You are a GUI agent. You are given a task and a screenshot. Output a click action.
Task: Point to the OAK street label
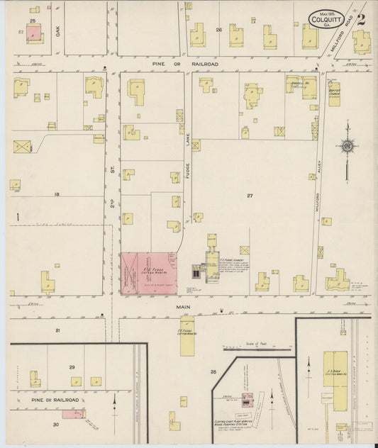60,31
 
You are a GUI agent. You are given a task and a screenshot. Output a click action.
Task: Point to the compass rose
348,146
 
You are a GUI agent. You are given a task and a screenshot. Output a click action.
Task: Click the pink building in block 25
34,33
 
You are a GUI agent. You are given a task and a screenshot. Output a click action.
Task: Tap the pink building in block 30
73,413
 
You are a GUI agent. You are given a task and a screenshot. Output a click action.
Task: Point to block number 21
58,330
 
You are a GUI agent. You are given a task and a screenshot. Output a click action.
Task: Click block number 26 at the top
219,30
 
